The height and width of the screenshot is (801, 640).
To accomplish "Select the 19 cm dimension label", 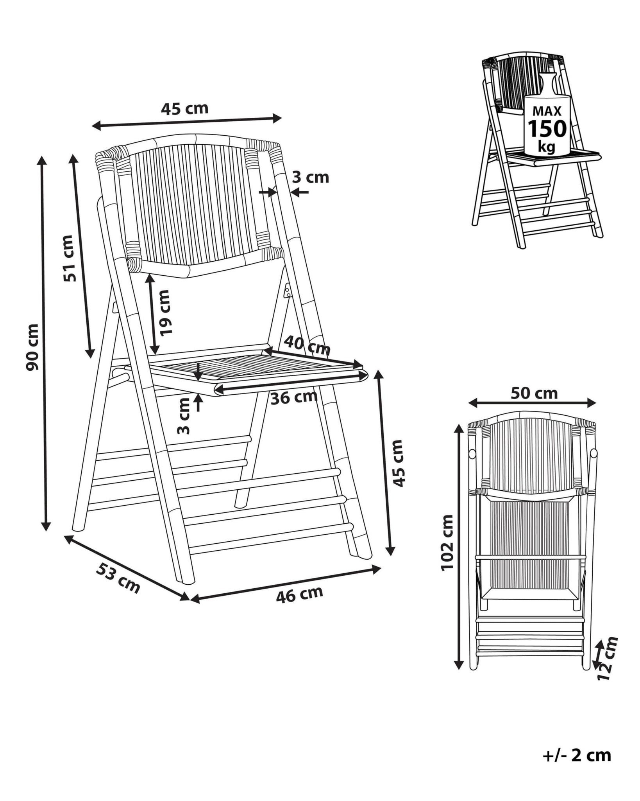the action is (x=166, y=312).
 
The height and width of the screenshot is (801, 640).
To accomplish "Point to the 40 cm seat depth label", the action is (x=307, y=345).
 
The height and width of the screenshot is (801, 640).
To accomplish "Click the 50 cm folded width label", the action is (x=534, y=393).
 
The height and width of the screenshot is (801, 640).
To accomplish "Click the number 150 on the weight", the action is (x=547, y=128).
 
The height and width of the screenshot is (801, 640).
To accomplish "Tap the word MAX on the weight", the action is (x=547, y=111).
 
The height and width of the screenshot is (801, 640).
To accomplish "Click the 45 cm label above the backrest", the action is (x=185, y=108).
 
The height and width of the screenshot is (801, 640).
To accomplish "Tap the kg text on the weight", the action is (x=546, y=147).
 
